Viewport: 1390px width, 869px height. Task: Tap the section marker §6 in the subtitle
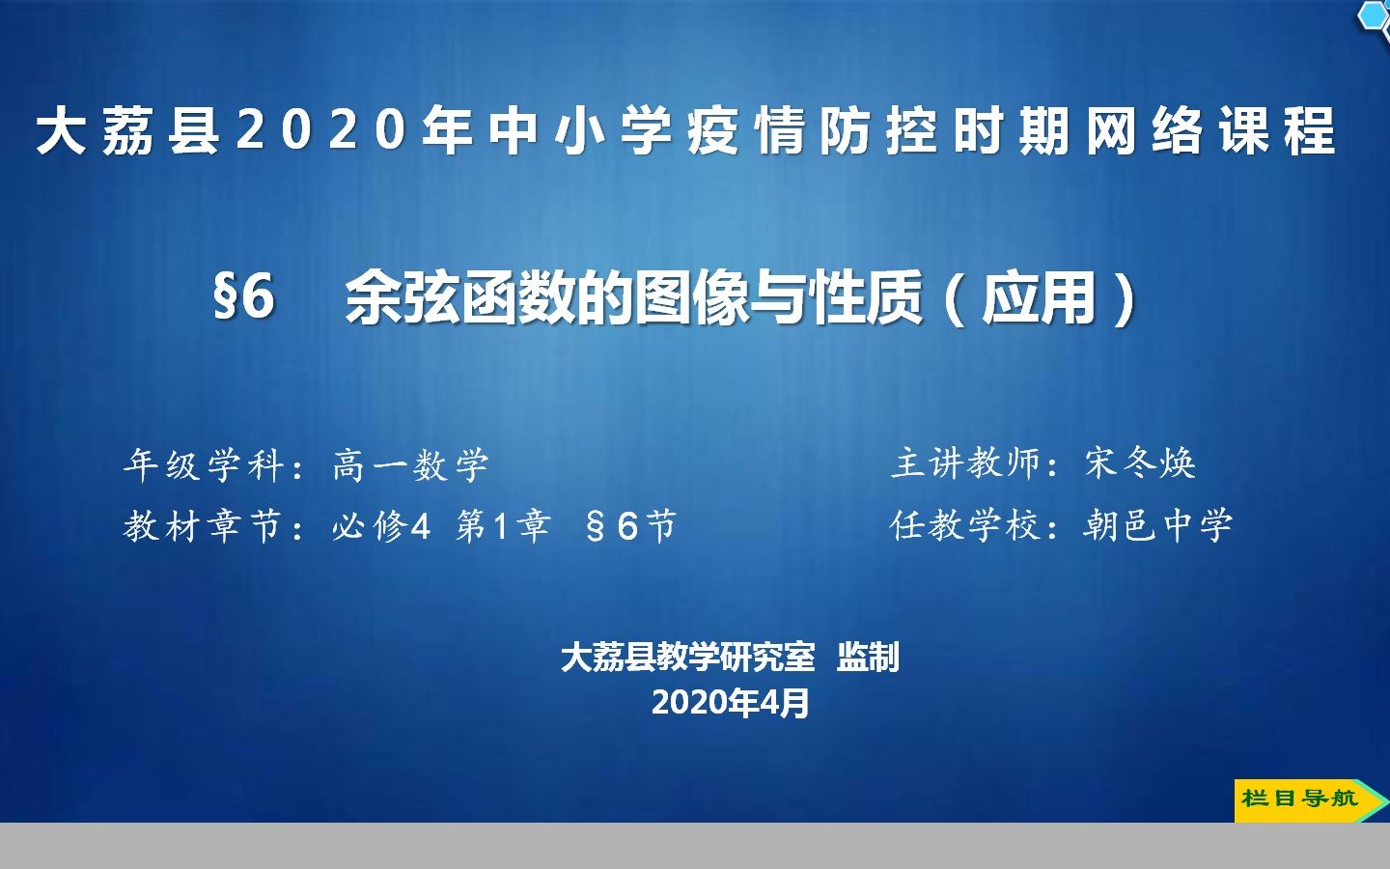[244, 296]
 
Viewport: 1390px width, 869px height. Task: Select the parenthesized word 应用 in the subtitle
[1039, 298]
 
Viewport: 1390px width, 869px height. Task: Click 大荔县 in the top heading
[129, 131]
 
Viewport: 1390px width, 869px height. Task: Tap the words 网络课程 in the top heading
[1210, 131]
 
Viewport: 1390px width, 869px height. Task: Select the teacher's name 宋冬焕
[1140, 463]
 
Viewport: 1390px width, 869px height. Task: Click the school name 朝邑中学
[1157, 525]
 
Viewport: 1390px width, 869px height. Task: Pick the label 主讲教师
[967, 463]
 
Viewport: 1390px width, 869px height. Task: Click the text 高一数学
[410, 465]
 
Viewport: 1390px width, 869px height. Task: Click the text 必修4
[380, 527]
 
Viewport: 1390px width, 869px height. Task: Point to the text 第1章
[503, 526]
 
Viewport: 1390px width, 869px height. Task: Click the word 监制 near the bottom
[868, 658]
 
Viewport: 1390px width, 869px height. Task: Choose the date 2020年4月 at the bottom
[730, 702]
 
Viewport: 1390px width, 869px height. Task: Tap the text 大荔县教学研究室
[687, 658]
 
